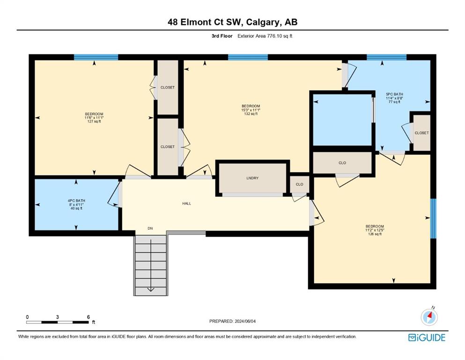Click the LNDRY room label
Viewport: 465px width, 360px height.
pos(252,178)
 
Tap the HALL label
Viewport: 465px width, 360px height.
pos(186,203)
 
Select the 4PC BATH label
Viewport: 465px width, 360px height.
pos(76,201)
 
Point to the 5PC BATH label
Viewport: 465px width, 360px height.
pos(394,94)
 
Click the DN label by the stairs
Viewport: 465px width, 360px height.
pos(150,228)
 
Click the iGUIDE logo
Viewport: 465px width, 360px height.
pos(427,338)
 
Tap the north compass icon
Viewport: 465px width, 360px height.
pos(429,317)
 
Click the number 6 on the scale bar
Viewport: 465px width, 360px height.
pos(89,317)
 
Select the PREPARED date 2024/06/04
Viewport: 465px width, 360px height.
pos(245,321)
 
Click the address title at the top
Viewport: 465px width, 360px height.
pos(232,22)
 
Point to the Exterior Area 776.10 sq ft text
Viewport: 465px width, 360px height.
pos(265,36)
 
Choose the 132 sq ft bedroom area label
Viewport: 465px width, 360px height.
pos(251,113)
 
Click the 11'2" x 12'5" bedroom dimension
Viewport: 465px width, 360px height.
pos(375,230)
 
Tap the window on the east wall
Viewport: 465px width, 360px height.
pos(433,218)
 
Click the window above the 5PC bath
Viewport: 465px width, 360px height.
pos(386,57)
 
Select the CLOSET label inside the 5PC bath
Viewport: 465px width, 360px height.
pos(421,133)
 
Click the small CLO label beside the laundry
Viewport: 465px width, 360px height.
pos(300,184)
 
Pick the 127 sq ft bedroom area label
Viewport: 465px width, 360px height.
pos(94,121)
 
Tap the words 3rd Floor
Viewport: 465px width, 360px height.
pos(222,36)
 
